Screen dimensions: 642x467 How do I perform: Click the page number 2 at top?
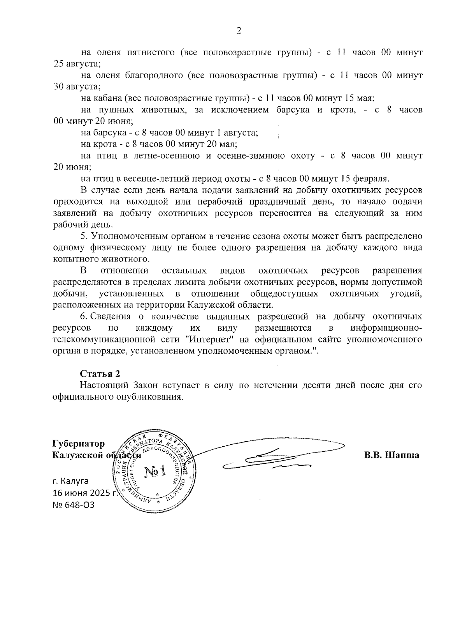[x=239, y=31]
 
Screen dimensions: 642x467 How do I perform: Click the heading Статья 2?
[x=100, y=374]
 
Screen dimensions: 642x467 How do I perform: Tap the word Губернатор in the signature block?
[x=79, y=444]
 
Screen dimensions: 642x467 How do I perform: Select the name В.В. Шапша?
[x=392, y=455]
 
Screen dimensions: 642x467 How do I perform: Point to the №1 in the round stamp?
[x=155, y=472]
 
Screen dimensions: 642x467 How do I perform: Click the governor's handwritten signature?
[x=272, y=457]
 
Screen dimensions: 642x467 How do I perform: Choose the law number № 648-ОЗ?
[x=74, y=505]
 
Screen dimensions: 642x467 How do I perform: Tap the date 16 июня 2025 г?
[x=85, y=493]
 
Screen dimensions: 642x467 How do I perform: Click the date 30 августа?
[x=77, y=86]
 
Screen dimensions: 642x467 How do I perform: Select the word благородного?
[x=155, y=75]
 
